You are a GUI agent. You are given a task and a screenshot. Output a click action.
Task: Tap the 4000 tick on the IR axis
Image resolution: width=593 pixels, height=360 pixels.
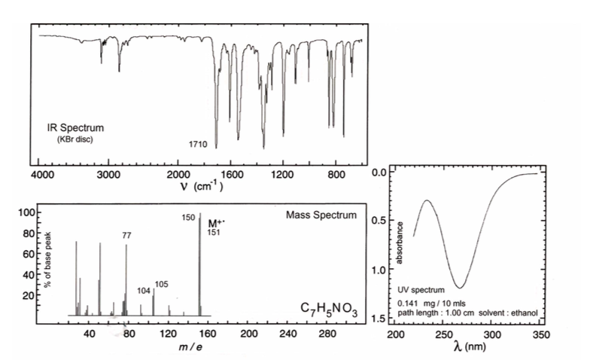tap(42, 175)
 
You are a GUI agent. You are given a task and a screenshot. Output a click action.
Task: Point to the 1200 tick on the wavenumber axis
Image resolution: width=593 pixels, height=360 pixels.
tap(283, 175)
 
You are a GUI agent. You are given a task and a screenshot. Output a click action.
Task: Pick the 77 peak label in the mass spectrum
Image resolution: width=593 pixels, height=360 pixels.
tap(127, 235)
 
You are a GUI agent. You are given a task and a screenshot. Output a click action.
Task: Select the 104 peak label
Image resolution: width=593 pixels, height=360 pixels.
tap(144, 289)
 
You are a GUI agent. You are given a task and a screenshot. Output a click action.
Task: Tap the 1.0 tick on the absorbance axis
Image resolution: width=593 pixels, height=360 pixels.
tap(379, 270)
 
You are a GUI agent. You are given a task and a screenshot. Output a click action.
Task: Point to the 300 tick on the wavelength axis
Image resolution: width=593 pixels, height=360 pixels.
tap(492, 333)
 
